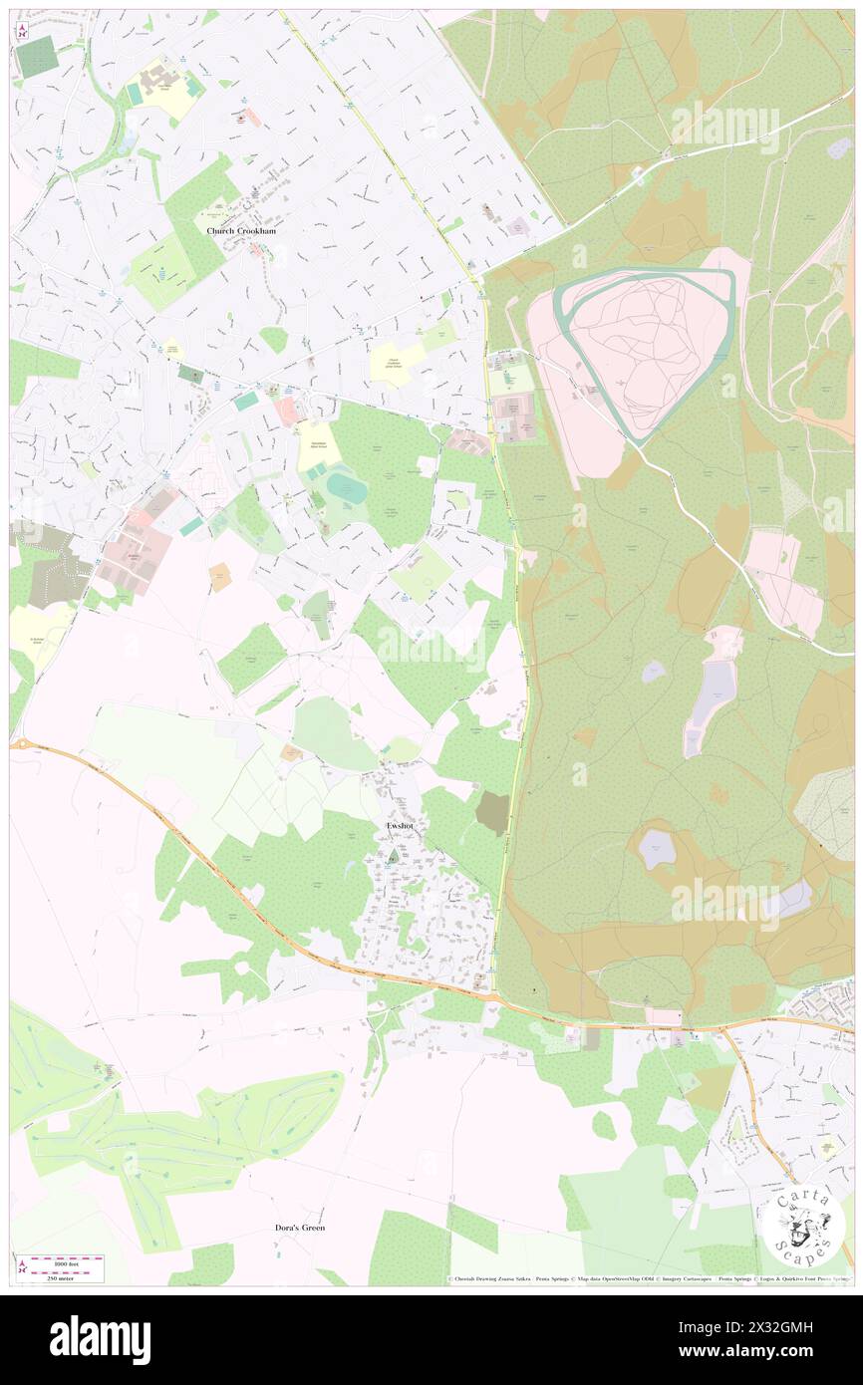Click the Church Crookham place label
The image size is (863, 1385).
(241, 230)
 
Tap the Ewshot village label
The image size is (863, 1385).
(393, 826)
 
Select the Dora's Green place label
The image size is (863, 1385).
(300, 1228)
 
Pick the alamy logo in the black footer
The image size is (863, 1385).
(100, 1340)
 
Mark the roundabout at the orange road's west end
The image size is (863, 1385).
(17, 744)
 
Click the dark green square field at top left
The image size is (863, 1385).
(38, 57)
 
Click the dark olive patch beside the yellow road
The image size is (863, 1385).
(491, 813)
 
